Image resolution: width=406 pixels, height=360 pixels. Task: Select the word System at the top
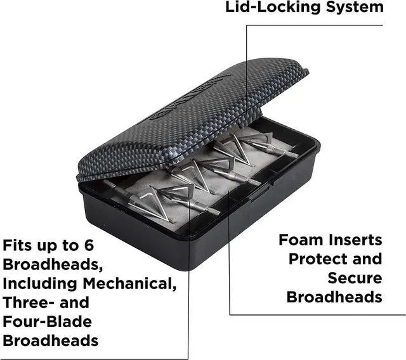pos(353,8)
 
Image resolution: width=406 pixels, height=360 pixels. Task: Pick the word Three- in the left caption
pos(30,302)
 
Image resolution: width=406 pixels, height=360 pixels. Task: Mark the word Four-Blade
pos(48,321)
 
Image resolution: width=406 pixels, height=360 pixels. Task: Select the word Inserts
pos(360,240)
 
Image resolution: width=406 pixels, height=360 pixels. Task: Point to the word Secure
pos(355,278)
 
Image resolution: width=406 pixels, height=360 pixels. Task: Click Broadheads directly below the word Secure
pos(334,297)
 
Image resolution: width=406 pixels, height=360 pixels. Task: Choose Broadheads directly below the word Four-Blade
pos(51,340)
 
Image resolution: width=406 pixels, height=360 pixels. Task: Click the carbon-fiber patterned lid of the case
pos(190,114)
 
